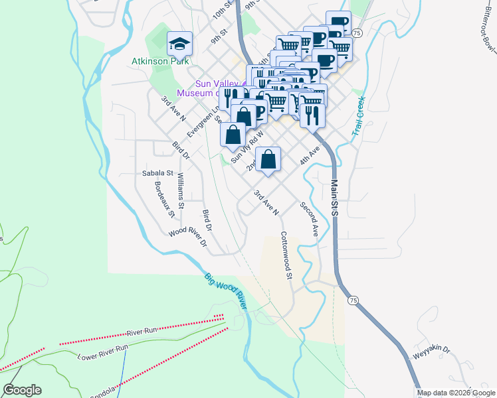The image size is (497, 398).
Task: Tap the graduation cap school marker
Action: pyautogui.click(x=179, y=44)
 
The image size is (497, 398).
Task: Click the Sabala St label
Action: pyautogui.click(x=157, y=173)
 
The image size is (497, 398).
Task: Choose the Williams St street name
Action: pyautogui.click(x=181, y=186)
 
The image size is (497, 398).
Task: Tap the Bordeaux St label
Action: pyautogui.click(x=164, y=200)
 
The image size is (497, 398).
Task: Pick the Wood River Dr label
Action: pyautogui.click(x=188, y=237)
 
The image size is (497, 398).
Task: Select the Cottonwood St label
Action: pyautogui.click(x=286, y=254)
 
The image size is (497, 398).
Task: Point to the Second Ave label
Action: pyautogui.click(x=310, y=219)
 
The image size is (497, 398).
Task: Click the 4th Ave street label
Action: pyautogui.click(x=310, y=156)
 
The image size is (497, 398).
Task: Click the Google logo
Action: pyautogui.click(x=22, y=390)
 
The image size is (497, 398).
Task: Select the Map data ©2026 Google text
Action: pyautogui.click(x=455, y=393)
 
